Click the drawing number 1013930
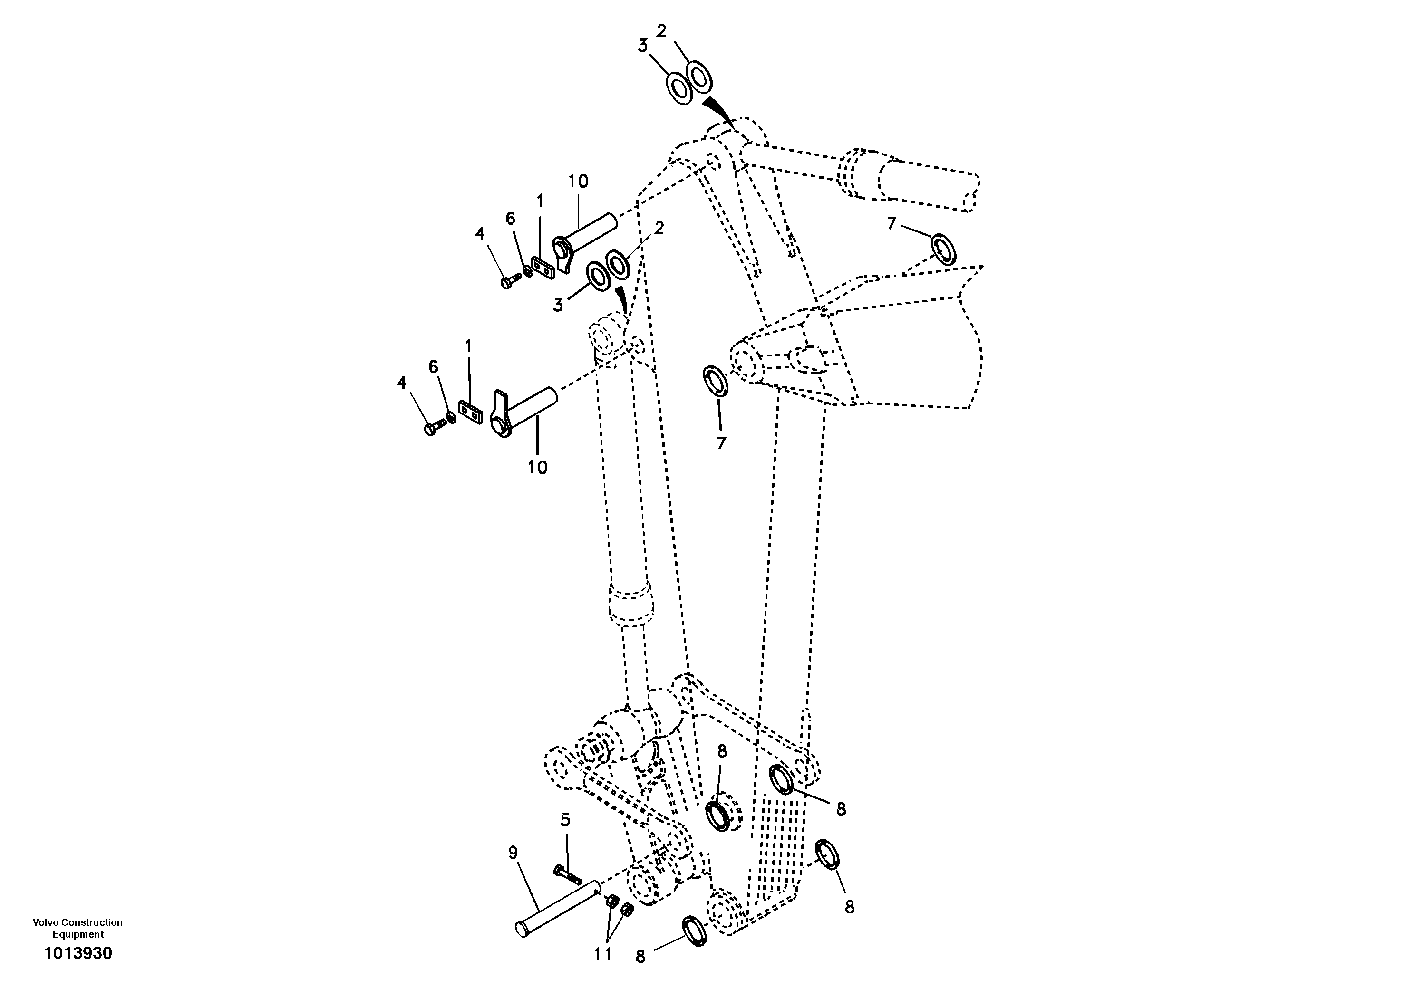tap(78, 954)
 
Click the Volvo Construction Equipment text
tap(78, 928)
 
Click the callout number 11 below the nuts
tap(603, 954)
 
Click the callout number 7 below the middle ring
tap(721, 442)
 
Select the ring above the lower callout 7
tap(716, 381)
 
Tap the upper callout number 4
tap(479, 233)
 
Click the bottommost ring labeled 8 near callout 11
tap(695, 930)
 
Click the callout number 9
tap(513, 853)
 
